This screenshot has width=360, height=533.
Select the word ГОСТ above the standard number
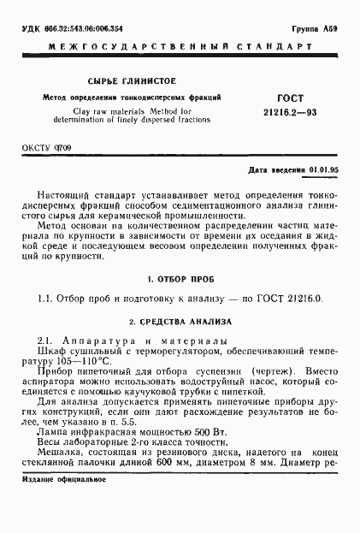pyautogui.click(x=292, y=99)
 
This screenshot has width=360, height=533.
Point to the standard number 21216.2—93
pyautogui.click(x=292, y=112)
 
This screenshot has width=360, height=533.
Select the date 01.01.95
pyautogui.click(x=323, y=169)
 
